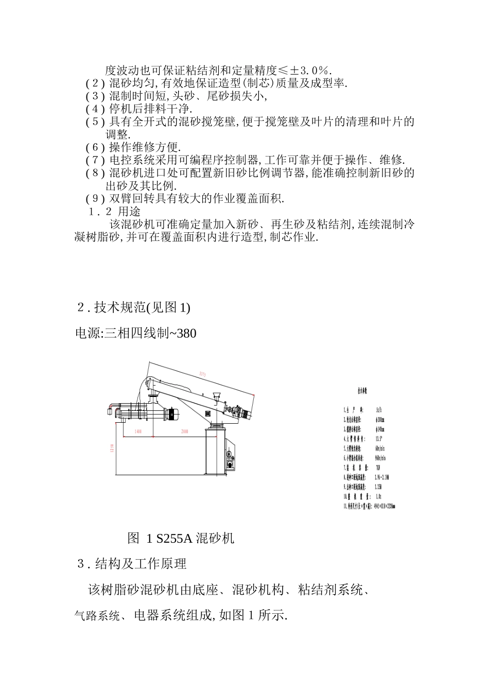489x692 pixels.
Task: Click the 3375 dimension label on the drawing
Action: [x=202, y=374]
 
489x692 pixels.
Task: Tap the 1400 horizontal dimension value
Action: [x=137, y=431]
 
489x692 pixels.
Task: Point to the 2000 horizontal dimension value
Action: [x=184, y=431]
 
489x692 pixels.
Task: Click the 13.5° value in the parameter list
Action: [x=379, y=439]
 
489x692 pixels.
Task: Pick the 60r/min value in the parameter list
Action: [x=381, y=448]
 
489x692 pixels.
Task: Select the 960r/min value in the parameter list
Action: [x=381, y=458]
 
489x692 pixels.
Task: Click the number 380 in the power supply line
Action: [x=186, y=334]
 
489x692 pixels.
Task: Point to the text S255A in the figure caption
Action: [x=174, y=539]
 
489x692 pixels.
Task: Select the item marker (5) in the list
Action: [x=95, y=122]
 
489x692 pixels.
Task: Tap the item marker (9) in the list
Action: [x=95, y=199]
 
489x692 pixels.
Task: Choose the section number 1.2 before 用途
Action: [x=100, y=212]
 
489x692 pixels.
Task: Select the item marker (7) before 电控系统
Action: [x=95, y=160]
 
